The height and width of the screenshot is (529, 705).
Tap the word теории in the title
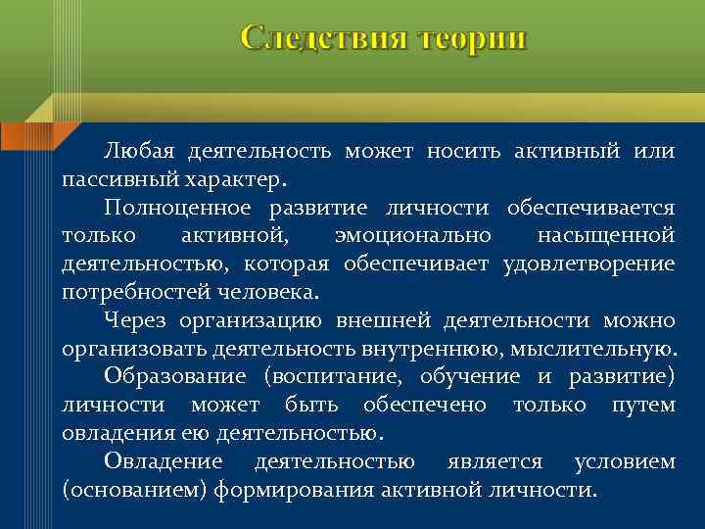click(x=471, y=38)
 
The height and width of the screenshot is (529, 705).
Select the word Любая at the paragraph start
click(x=137, y=152)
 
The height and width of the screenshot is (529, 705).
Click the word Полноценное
click(x=180, y=209)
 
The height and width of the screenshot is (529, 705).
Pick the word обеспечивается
click(x=590, y=209)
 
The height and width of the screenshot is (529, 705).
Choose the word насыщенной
click(x=606, y=236)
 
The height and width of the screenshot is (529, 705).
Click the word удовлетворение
click(x=588, y=264)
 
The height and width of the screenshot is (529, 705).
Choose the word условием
click(x=624, y=461)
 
